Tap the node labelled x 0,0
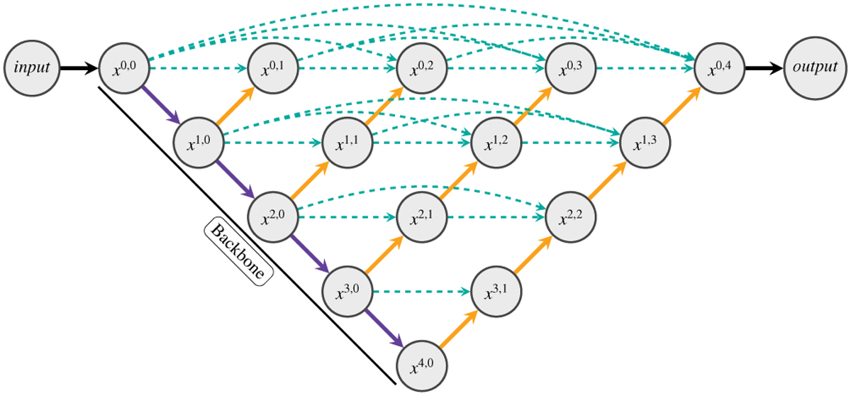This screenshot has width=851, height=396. [123, 68]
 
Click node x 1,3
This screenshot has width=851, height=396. [644, 142]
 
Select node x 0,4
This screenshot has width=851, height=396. [718, 68]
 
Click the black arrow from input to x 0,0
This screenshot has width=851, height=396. [78, 68]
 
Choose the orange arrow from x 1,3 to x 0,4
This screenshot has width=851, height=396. [681, 105]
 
